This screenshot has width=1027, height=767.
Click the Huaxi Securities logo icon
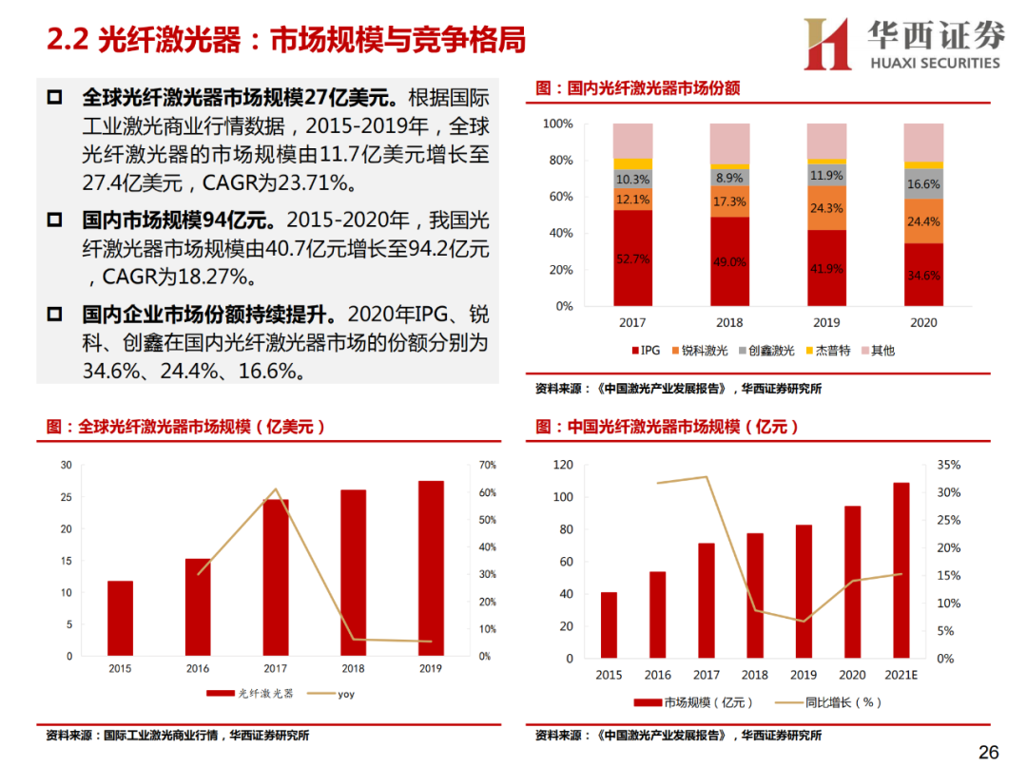pos(827,44)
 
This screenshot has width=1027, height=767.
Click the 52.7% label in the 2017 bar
pos(632,259)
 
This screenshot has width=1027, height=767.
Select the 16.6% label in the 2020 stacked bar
pos(923,184)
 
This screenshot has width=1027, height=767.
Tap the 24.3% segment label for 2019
pos(826,208)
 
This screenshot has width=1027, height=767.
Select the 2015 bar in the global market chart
pos(120,618)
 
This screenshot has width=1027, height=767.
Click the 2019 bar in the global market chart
pos(431,567)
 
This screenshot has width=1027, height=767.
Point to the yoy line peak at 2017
pos(276,489)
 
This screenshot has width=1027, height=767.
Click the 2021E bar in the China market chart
pos(901,569)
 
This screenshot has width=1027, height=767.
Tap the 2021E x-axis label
pos(901,675)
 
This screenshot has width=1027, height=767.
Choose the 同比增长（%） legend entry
pos(828,702)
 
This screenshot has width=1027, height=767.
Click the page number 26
pos(989,752)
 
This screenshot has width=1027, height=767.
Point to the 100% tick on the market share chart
pos(557,124)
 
